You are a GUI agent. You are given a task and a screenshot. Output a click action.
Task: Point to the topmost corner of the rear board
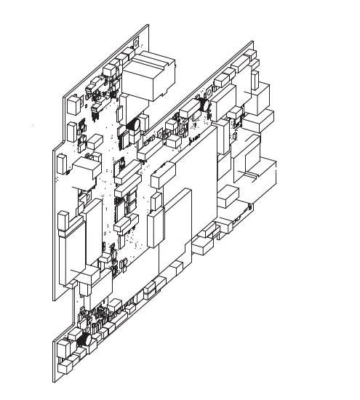pyautogui.click(x=148, y=25)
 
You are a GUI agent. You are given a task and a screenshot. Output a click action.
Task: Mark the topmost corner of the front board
pyautogui.click(x=252, y=41)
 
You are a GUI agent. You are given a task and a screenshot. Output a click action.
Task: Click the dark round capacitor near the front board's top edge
pyautogui.click(x=207, y=105)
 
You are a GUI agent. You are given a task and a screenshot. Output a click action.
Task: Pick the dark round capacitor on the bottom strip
pyautogui.click(x=83, y=339)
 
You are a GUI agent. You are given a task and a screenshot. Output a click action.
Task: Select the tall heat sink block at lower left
pyautogui.click(x=75, y=247)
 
